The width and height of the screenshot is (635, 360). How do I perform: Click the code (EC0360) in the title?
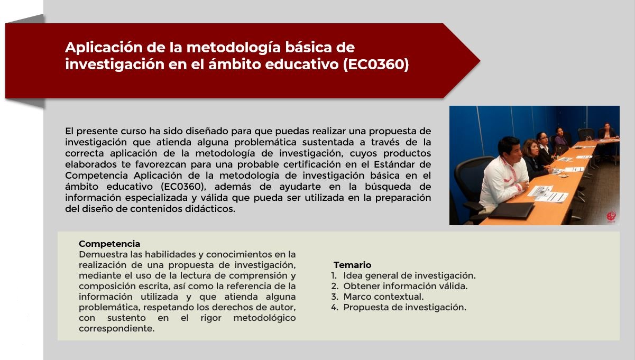(x=376, y=64)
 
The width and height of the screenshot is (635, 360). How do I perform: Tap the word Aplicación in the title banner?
(x=104, y=48)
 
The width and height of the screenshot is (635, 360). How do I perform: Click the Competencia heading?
(x=109, y=244)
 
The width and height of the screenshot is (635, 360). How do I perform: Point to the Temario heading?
(x=352, y=265)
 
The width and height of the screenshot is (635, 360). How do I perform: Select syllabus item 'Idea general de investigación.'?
(x=409, y=275)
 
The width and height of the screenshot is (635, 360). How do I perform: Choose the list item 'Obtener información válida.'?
(x=406, y=286)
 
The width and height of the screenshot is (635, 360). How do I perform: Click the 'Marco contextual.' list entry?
(x=383, y=297)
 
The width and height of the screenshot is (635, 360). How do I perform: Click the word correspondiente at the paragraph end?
(x=116, y=328)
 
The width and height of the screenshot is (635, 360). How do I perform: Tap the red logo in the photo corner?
(x=611, y=217)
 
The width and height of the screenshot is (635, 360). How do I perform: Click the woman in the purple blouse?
(x=560, y=137)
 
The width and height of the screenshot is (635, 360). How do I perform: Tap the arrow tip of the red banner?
(x=480, y=61)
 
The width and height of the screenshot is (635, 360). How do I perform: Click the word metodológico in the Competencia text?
(x=264, y=318)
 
